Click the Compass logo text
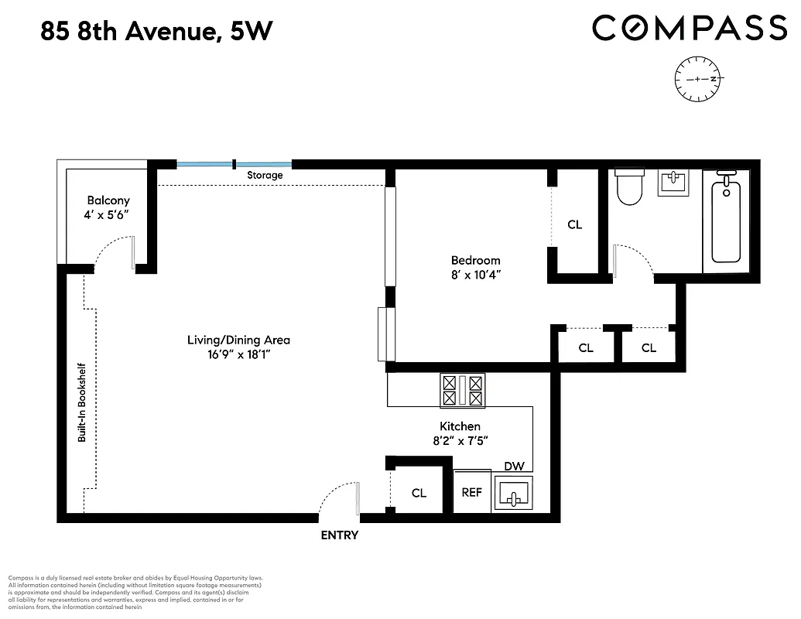(x=690, y=29)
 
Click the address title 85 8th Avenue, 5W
(x=156, y=32)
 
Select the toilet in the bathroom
(x=629, y=188)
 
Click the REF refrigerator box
(x=472, y=492)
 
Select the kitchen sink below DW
(x=514, y=494)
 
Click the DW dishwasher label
(x=514, y=466)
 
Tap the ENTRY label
(x=340, y=535)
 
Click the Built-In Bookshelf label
(x=80, y=402)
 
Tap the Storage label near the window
(x=265, y=176)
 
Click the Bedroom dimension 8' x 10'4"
(x=476, y=274)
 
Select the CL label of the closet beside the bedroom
(x=574, y=224)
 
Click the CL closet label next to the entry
(x=419, y=493)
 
